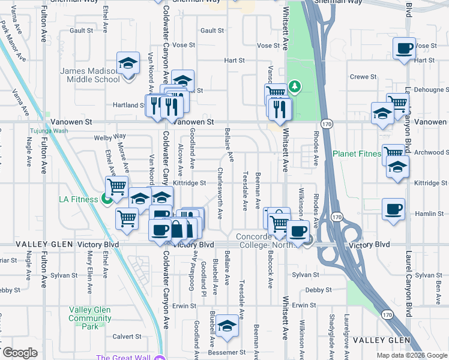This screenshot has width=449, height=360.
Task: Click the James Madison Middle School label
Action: pos(89,75)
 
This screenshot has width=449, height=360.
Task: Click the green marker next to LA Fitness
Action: pos(107,199)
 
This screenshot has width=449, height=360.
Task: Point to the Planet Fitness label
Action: pos(357,154)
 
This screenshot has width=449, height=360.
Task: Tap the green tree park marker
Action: pos(295,87)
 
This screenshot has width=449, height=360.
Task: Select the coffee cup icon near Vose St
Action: pos(404,48)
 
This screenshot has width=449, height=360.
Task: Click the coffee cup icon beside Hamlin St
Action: pos(393,210)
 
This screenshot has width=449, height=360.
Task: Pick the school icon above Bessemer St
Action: pos(227,326)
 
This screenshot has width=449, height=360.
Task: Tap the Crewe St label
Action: pos(363,77)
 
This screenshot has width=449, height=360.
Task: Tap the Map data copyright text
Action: pos(411,355)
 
